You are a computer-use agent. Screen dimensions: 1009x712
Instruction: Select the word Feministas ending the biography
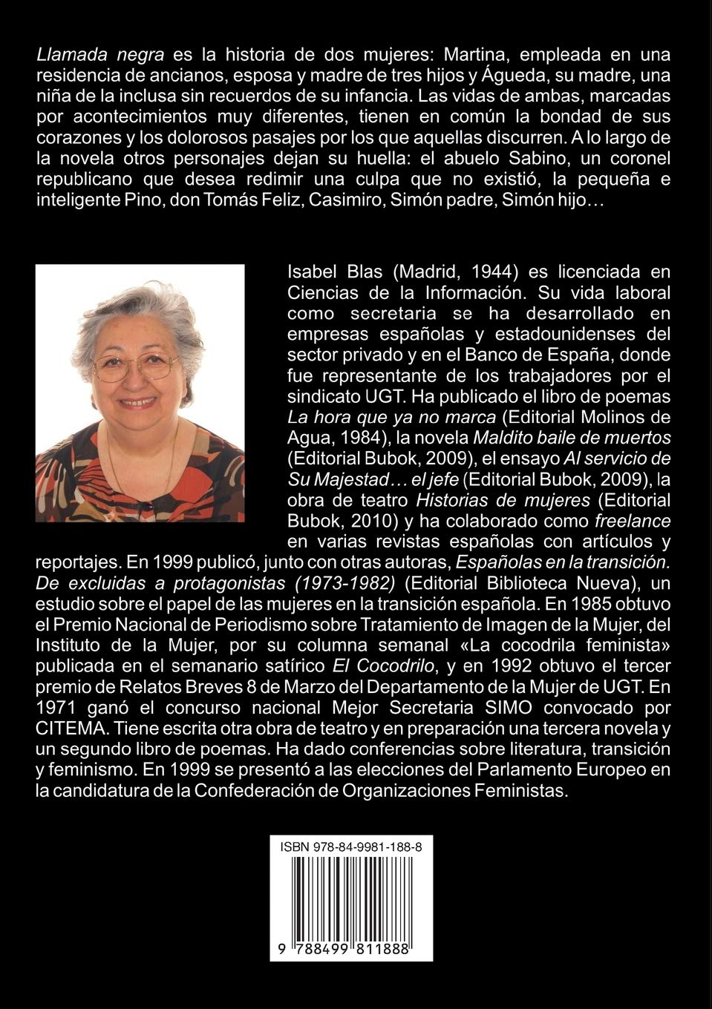(x=520, y=791)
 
